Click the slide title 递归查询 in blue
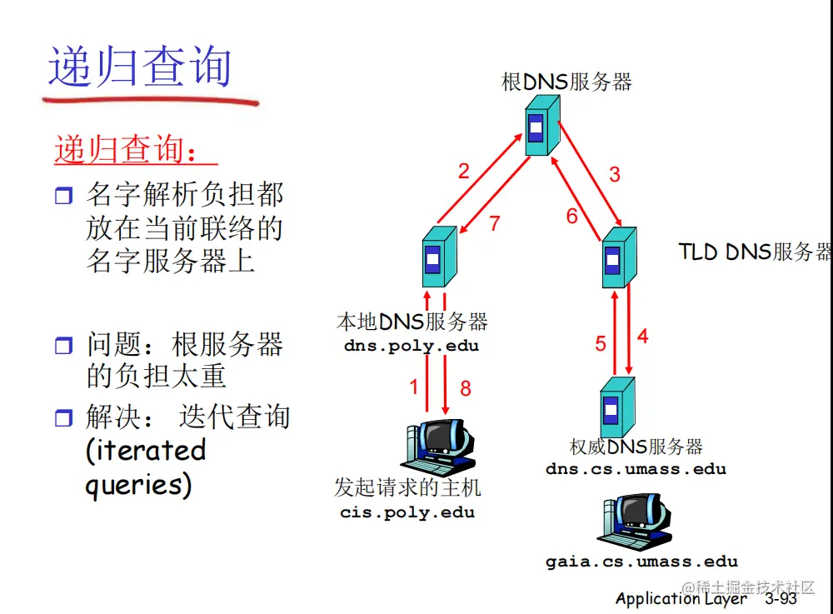point(139,67)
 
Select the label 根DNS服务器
point(566,82)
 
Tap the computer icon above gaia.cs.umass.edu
point(634,521)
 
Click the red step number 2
point(463,172)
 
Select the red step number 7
point(495,223)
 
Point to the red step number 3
point(615,174)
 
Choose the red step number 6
point(572,217)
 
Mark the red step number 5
point(601,343)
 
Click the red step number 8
point(466,387)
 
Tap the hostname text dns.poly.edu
point(412,346)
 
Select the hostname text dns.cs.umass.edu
point(636,468)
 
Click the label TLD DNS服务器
point(755,252)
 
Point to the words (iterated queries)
point(146,467)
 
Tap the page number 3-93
point(781,598)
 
